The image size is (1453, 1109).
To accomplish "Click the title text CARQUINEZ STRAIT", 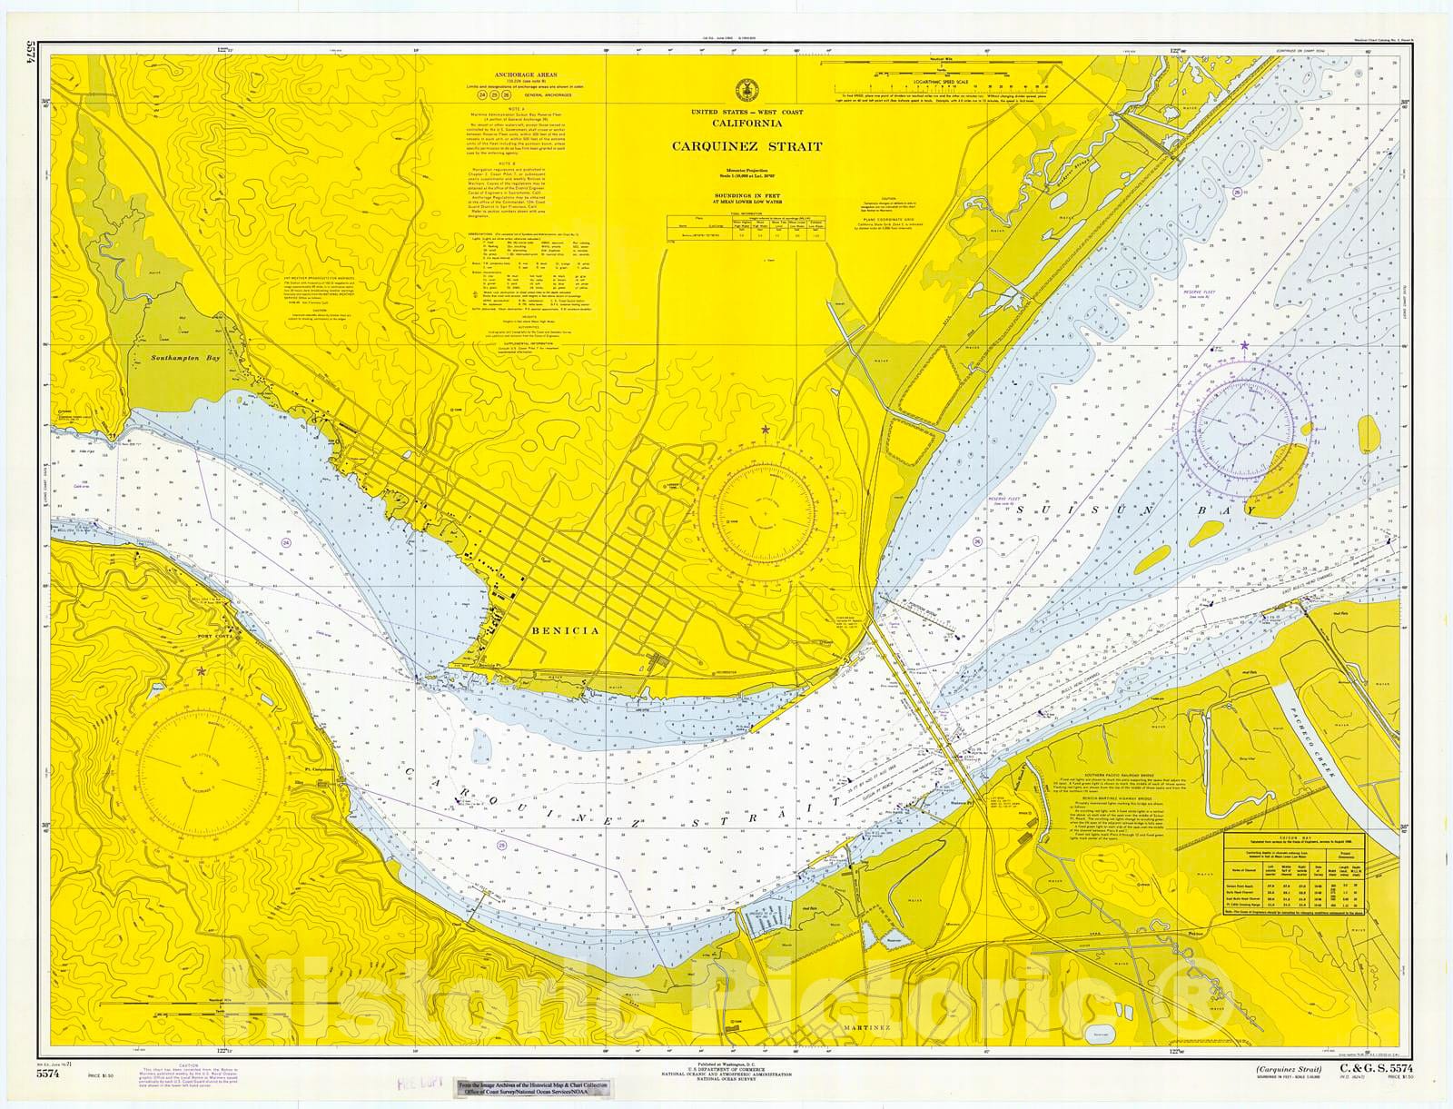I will click(x=746, y=146).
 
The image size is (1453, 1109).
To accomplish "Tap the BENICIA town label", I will click(x=564, y=630).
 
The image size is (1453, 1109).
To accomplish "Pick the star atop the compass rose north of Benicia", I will click(x=765, y=429).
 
